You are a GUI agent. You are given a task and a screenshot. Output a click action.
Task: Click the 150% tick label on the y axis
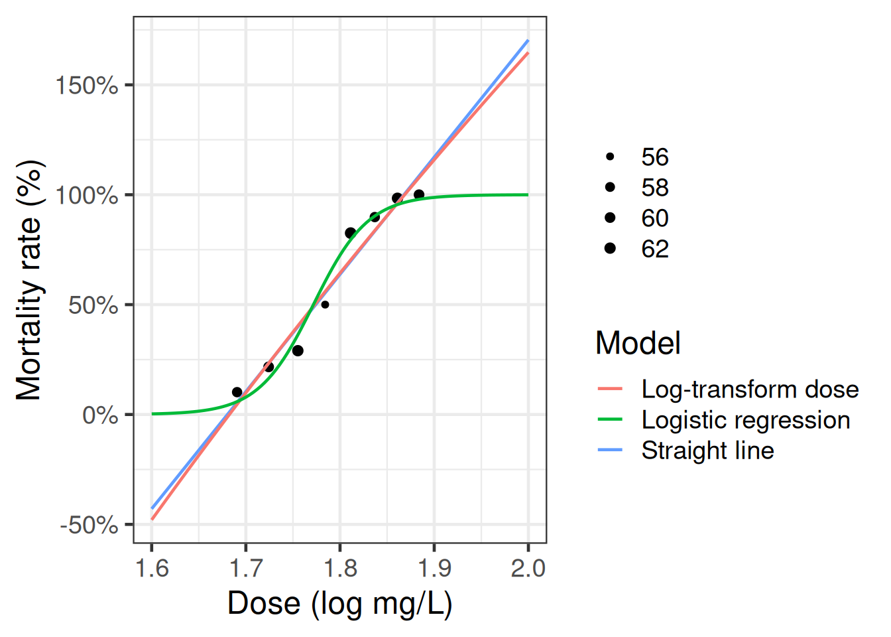coord(86,86)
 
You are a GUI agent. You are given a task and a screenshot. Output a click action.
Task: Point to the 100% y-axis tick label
coord(86,196)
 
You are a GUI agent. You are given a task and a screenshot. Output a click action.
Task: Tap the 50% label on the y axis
coord(93,306)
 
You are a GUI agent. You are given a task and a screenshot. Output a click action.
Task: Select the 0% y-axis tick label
coord(99,415)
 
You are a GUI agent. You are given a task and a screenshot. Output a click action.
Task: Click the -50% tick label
coord(89,526)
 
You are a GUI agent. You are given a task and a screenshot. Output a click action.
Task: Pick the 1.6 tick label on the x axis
coord(152,568)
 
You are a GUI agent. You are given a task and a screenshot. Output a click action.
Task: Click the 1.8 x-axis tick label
coord(340,568)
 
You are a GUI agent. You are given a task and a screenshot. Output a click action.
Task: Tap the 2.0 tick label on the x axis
coord(528,568)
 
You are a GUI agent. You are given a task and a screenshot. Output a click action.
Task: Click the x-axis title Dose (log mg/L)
coord(339,603)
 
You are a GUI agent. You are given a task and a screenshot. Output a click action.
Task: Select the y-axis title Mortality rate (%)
coord(29,280)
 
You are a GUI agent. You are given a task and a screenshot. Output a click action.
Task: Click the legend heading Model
coord(638,343)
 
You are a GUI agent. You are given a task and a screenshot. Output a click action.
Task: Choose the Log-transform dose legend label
coord(750,389)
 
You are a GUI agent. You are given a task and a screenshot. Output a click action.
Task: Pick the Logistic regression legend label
coord(746,420)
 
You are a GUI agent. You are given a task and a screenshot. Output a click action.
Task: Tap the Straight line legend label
coord(707,451)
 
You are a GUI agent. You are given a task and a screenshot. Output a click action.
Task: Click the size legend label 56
coord(655,157)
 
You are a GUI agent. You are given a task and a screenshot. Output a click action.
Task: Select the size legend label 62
coord(655,249)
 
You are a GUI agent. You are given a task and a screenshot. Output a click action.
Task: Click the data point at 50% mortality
coord(325,305)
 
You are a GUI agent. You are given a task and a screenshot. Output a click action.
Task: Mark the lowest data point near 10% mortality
coord(237,392)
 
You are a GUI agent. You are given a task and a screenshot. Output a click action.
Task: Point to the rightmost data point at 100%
coord(419,195)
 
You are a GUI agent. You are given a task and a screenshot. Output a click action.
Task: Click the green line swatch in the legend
coord(610,420)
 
